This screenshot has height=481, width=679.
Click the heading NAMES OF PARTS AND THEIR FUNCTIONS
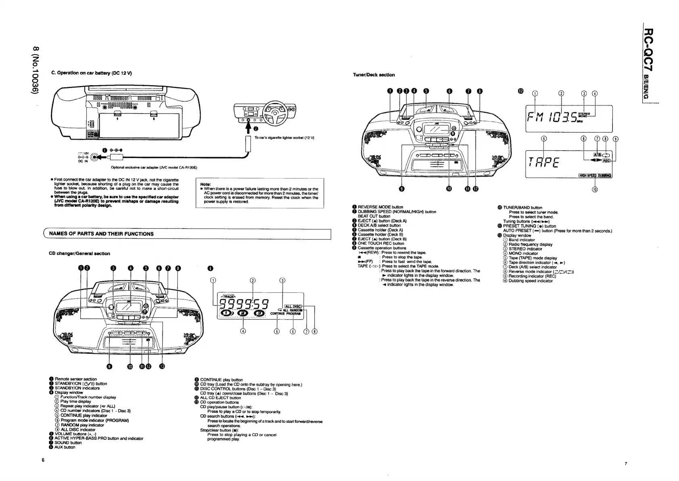point(101,234)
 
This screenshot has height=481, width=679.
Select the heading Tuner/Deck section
point(374,75)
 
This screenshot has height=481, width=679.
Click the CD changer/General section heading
point(79,254)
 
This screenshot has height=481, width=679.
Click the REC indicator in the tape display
point(606,161)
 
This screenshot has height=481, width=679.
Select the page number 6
point(43,460)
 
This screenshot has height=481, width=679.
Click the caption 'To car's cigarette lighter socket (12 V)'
point(284,138)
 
